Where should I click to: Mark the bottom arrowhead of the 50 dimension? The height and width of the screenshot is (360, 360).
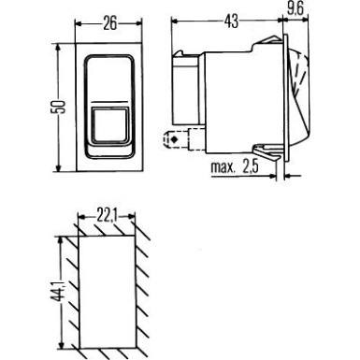62,168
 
